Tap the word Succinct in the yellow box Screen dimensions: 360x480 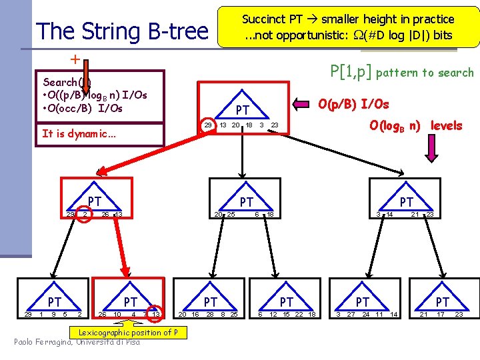coord(263,19)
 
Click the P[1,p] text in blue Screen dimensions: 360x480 coord(352,71)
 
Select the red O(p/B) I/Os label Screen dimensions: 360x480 coord(353,104)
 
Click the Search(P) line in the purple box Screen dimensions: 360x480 coord(67,82)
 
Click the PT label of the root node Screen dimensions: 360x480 coord(243,109)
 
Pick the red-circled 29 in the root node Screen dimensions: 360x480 coord(207,125)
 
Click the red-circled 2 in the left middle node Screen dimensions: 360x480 coord(85,214)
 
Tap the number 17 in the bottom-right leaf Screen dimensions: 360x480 coord(441,314)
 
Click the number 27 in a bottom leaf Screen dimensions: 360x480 coord(351,314)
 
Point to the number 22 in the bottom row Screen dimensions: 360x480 coord(299,314)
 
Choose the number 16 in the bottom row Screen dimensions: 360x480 coord(195,314)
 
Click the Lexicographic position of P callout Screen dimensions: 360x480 coord(123,332)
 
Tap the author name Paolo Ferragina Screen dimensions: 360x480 coord(43,342)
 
